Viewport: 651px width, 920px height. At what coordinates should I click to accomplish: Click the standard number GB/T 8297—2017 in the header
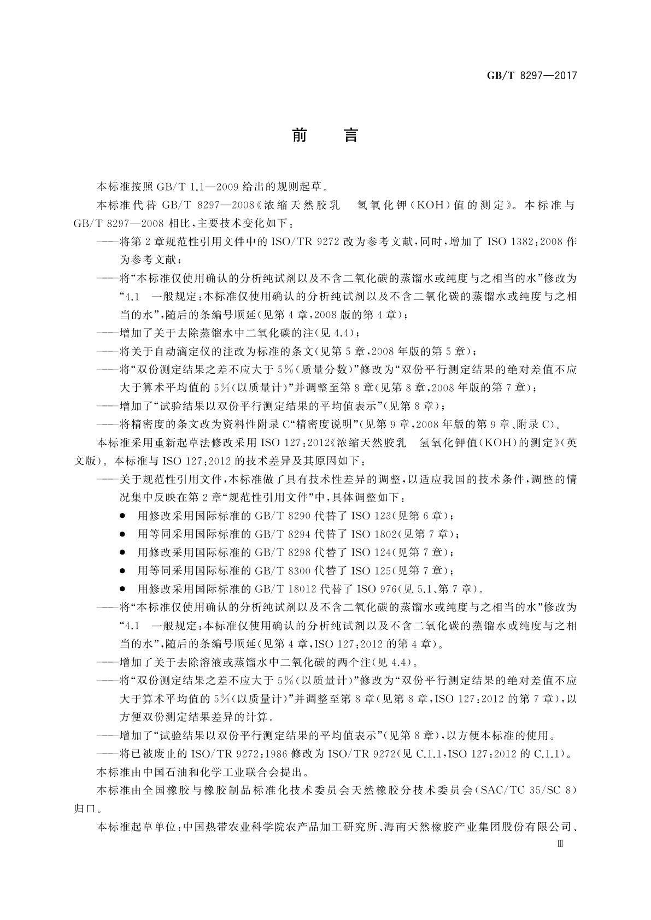click(x=532, y=75)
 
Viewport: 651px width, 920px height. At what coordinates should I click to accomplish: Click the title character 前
click(x=299, y=135)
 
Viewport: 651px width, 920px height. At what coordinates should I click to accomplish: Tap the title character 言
click(x=350, y=135)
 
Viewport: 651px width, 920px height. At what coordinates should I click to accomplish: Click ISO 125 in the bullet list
click(x=371, y=571)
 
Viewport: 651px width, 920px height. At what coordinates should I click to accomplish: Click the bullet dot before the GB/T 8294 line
click(x=123, y=534)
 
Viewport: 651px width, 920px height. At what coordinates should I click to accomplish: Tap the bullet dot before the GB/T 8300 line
click(x=123, y=571)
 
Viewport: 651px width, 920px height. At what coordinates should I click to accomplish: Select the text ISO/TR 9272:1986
click(x=234, y=754)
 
